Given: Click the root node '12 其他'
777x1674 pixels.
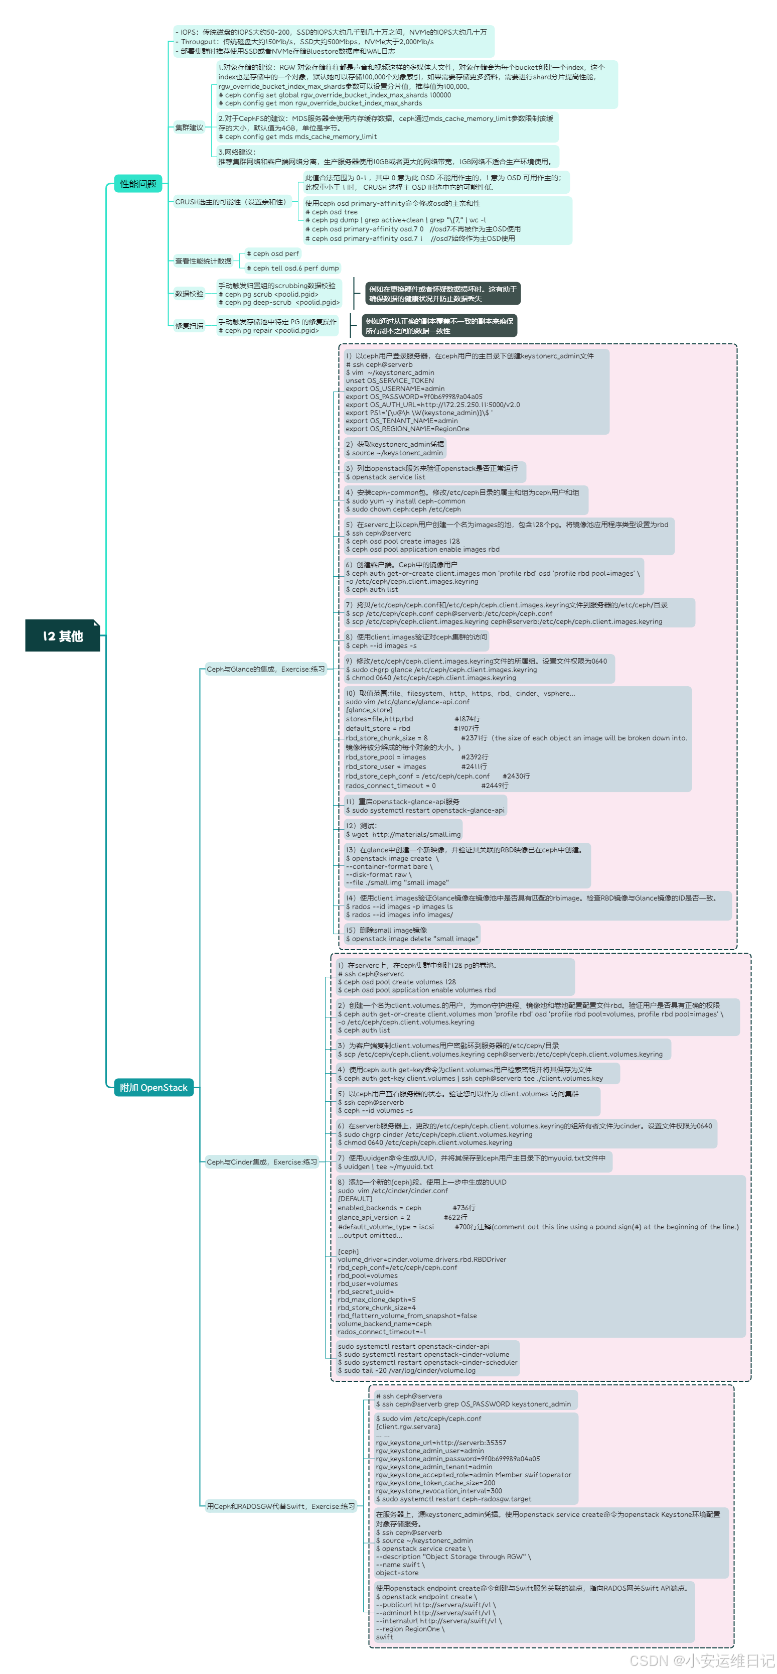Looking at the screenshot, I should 63,635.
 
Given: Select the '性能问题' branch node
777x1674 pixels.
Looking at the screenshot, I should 138,184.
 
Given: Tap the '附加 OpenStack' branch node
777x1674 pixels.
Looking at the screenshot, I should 153,1087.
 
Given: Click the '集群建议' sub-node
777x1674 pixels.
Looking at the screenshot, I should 189,127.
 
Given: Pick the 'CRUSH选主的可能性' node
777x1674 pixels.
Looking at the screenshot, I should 231,202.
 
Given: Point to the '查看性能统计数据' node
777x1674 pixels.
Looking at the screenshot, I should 203,261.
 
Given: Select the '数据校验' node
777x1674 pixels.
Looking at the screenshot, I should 189,294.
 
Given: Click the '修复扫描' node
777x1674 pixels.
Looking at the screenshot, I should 189,326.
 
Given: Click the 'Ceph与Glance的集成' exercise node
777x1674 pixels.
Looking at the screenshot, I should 265,669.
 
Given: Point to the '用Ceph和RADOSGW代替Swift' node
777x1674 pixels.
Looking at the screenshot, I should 281,1506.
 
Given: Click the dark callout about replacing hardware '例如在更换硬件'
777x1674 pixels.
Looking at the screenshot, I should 442,294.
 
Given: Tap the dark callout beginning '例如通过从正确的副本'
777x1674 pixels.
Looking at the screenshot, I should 439,326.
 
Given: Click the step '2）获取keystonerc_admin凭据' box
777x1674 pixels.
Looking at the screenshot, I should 394,448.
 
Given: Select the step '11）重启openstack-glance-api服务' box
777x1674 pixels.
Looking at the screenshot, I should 425,806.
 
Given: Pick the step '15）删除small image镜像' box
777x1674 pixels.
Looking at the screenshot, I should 412,935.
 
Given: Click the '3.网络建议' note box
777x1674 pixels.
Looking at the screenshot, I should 387,157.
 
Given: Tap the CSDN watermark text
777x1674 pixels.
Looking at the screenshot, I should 702,1660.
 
